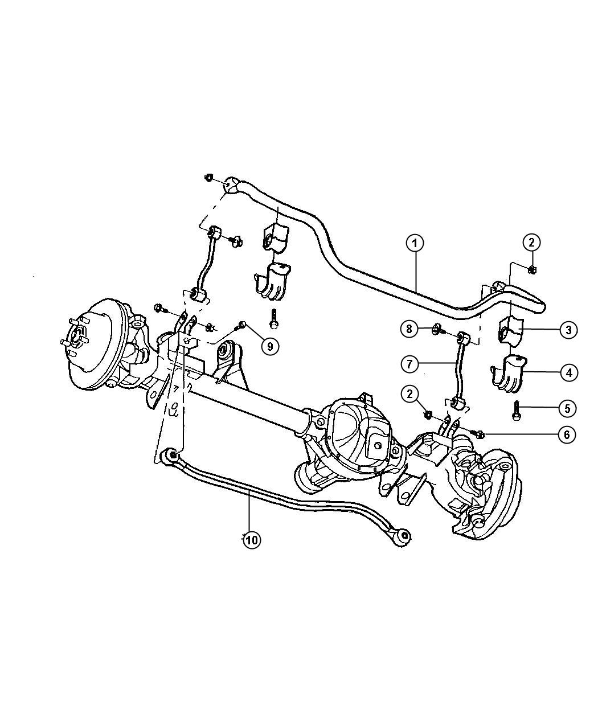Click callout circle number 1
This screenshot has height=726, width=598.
click(415, 243)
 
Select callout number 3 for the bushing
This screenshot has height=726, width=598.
click(568, 330)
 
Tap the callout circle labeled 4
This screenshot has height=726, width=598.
click(568, 373)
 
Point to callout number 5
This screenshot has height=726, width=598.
click(567, 408)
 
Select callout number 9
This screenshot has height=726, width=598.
click(271, 345)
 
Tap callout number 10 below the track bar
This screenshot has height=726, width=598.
click(251, 540)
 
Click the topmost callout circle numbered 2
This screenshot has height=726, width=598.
click(531, 243)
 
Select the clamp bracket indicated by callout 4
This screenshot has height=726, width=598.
click(509, 374)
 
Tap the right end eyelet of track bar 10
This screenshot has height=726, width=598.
click(403, 536)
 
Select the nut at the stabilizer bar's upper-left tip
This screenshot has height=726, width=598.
click(209, 178)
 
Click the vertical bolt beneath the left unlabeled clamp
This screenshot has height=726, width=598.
click(275, 319)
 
